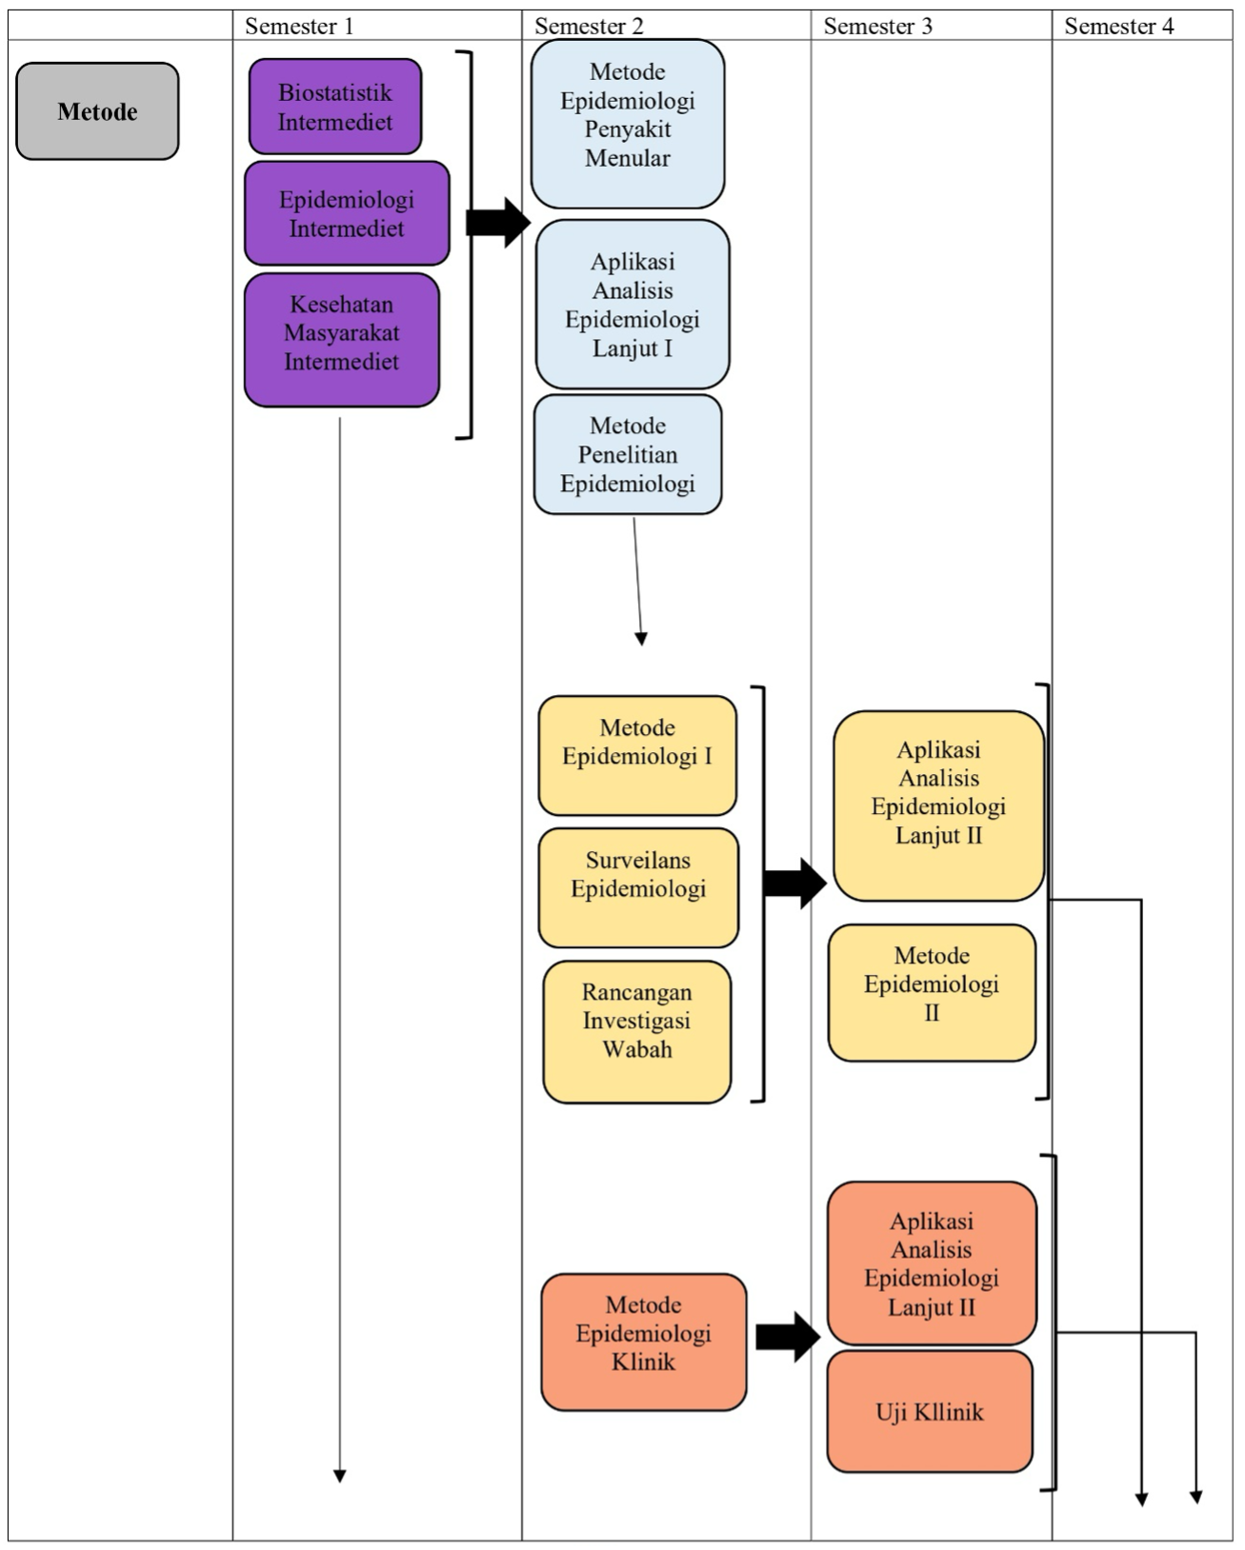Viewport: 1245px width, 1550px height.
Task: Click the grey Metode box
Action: coord(97,111)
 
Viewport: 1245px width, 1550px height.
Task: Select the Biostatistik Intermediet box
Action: coord(335,107)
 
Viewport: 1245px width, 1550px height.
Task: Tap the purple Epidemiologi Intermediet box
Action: coord(347,213)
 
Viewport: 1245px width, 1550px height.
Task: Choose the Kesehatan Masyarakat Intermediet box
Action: coord(342,340)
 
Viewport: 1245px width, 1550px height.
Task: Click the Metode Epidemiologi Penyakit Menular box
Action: coord(628,123)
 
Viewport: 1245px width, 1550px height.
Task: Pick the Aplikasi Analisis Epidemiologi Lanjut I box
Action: coord(633,304)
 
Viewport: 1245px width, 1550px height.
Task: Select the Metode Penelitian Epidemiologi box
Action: coord(628,454)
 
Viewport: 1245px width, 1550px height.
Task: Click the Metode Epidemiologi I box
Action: coord(637,756)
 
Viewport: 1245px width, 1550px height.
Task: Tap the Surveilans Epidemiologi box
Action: coord(638,887)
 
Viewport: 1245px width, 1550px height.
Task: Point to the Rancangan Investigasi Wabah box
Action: coord(637,1031)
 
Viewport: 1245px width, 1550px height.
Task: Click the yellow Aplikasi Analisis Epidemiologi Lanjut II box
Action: coord(938,806)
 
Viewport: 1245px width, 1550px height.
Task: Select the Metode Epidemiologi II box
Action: coord(933,992)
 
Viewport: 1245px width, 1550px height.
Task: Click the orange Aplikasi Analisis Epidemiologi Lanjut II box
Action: coord(933,1262)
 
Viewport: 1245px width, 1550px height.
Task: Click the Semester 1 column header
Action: coord(299,26)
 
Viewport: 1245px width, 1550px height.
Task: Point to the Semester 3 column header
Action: coord(878,26)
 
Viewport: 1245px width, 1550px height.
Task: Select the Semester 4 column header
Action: coord(1119,26)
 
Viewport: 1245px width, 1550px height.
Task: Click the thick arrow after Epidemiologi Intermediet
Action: coord(498,223)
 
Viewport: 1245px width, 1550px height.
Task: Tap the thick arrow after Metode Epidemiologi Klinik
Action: coord(788,1337)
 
